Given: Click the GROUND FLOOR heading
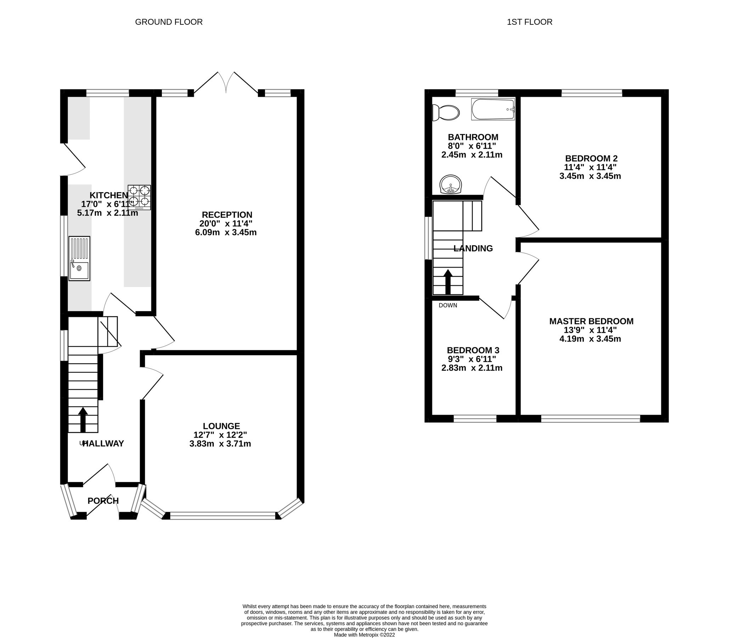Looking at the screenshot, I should click(x=169, y=22).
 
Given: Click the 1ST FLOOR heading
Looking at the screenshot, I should click(x=529, y=22).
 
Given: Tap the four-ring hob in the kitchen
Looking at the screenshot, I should click(x=139, y=197).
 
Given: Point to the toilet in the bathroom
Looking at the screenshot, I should click(x=445, y=113).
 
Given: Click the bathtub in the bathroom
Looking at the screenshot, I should click(x=493, y=109).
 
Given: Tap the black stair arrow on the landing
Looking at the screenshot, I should click(x=448, y=282).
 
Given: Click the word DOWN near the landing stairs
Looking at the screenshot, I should click(x=448, y=305).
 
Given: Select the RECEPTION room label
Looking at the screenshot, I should click(x=227, y=215).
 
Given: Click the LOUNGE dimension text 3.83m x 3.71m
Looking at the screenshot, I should click(x=220, y=444).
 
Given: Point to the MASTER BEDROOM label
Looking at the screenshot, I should click(x=591, y=321).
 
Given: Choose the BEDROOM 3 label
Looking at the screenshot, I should click(x=473, y=350).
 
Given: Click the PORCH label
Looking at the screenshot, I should click(x=103, y=501).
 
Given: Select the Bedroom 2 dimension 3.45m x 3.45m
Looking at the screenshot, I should click(x=590, y=176).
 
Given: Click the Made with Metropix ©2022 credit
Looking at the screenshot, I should click(x=364, y=634).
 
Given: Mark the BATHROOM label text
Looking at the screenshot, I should click(x=473, y=137).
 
